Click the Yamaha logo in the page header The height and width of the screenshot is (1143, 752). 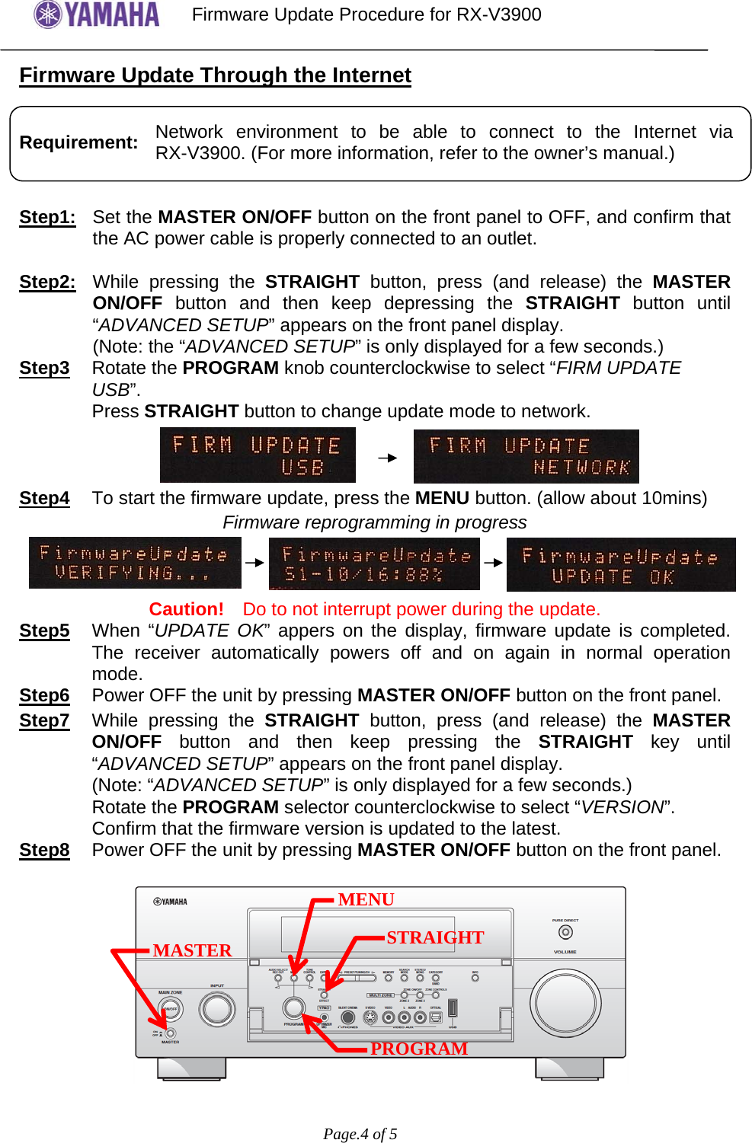coord(97,14)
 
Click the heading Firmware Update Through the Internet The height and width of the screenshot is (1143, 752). coord(215,75)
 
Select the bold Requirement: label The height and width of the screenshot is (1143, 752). coord(78,142)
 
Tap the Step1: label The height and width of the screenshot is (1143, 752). coord(47,217)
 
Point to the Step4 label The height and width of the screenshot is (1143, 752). coord(44,498)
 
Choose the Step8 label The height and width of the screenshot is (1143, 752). coord(44,850)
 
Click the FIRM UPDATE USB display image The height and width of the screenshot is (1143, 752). coord(258,455)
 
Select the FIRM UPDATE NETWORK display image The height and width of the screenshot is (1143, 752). coord(526,456)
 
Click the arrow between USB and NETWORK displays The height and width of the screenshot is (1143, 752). coord(388,458)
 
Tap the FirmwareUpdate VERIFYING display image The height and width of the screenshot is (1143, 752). coord(135,563)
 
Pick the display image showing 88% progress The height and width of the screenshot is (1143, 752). coord(374,564)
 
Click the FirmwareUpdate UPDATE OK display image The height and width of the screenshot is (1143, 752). coord(621,565)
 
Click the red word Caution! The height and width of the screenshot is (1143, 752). coord(186,609)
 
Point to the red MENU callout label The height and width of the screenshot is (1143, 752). coord(366,899)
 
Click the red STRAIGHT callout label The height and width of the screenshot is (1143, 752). coord(435,937)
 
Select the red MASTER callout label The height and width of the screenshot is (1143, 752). coord(192,950)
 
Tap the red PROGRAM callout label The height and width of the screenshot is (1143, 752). coord(419,1049)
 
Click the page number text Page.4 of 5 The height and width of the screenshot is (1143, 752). coord(360,1134)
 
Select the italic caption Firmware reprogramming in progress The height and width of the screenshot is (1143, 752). coord(374,522)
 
